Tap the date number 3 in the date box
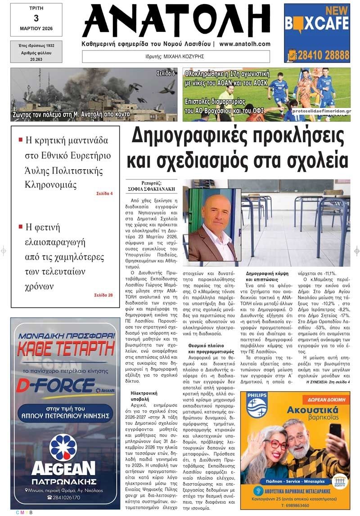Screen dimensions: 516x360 tap(36, 18)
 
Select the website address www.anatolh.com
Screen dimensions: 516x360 tap(245, 44)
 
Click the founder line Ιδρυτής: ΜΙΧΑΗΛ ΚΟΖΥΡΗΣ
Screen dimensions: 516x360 tap(175, 57)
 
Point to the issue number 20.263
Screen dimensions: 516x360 tap(36, 58)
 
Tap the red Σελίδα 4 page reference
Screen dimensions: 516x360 tap(104, 193)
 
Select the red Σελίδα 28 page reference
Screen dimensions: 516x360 tap(103, 295)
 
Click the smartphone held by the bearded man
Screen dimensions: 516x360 tap(335, 431)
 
